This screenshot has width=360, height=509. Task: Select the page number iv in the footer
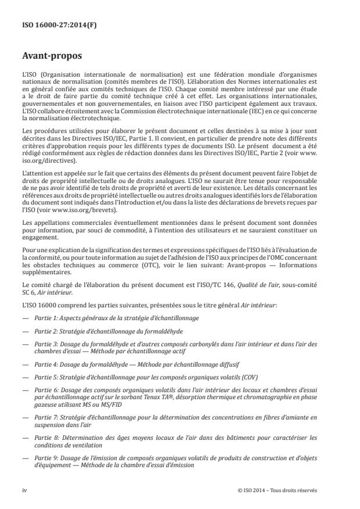pyautogui.click(x=24, y=490)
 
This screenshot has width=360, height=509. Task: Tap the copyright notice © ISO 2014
pyautogui.click(x=277, y=490)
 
